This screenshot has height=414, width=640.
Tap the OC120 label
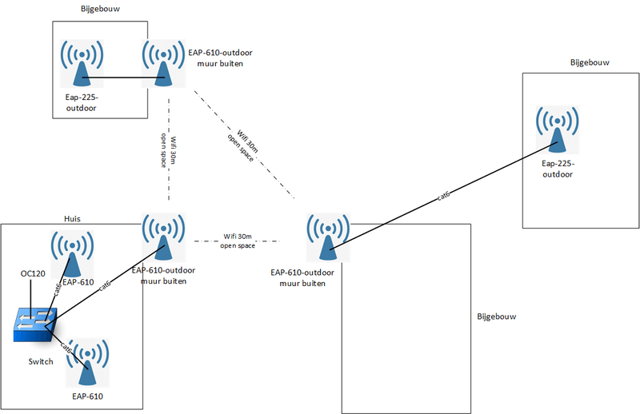point(33,274)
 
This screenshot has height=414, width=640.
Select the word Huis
point(73,218)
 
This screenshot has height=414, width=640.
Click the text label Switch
point(40,361)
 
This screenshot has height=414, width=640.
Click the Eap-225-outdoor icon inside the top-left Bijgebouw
point(81,63)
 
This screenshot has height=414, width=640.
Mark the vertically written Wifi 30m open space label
point(164,149)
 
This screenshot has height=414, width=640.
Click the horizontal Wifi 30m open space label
point(238,241)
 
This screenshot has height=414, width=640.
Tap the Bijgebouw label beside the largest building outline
point(496,316)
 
